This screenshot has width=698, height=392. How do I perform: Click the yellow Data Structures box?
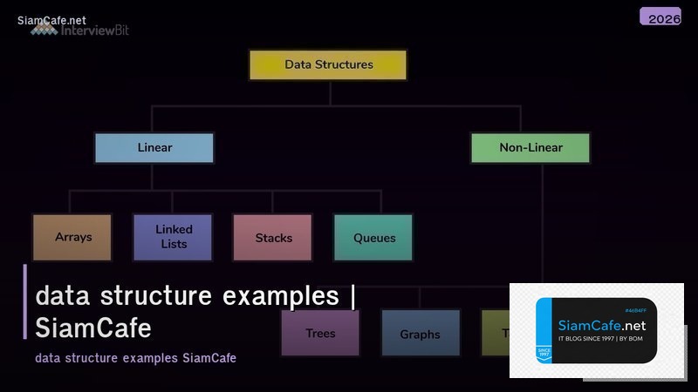pos(328,64)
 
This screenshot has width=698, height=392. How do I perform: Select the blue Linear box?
pos(154,147)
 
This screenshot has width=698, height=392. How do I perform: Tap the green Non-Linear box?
pos(530,147)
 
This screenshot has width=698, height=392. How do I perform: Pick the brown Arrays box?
pos(72,237)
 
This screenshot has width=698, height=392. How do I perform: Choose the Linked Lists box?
pos(173,237)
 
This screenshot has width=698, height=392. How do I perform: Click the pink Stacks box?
pos(273,238)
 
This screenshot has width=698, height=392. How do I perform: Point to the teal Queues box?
pos(373,238)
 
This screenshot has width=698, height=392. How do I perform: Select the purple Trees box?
pos(320,334)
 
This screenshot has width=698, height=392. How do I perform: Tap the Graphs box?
pos(420,334)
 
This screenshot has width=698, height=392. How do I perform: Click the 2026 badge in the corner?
pos(660,17)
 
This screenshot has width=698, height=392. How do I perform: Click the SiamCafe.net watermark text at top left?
pos(51,20)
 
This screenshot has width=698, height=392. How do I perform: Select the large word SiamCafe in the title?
pos(93,328)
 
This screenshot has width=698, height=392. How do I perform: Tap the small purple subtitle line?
pos(135,358)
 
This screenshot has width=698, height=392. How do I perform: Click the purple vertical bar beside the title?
pos(25,301)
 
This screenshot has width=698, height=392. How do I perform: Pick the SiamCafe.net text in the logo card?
pos(601,325)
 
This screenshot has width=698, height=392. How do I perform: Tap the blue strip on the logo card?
pos(544,331)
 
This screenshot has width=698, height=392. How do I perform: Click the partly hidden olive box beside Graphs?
pos(495,334)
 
